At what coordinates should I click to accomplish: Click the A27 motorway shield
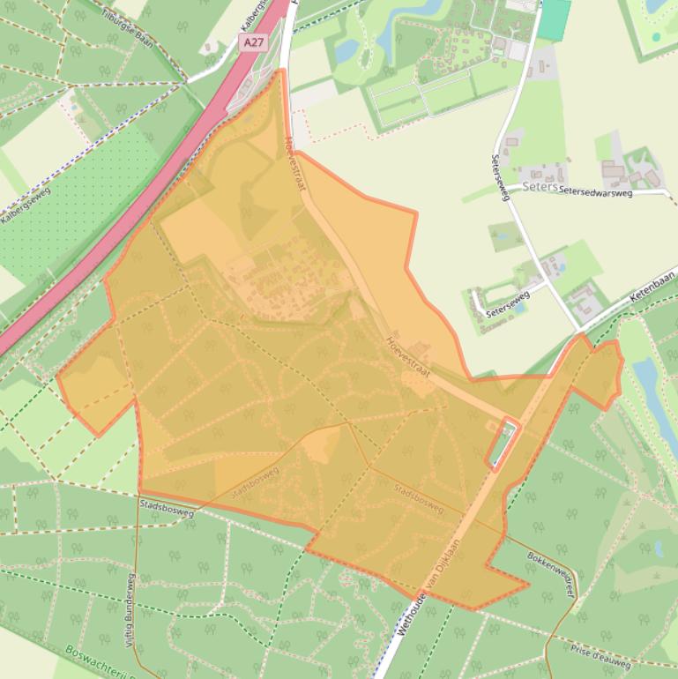(252, 41)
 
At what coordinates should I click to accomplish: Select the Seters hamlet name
(540, 187)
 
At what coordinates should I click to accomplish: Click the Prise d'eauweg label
(600, 657)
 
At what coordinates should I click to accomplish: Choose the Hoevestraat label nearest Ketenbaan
(406, 356)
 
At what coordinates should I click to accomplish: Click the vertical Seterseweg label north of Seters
(500, 177)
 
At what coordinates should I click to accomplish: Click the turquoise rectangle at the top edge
(554, 19)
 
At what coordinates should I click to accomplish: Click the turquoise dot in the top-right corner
(657, 37)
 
